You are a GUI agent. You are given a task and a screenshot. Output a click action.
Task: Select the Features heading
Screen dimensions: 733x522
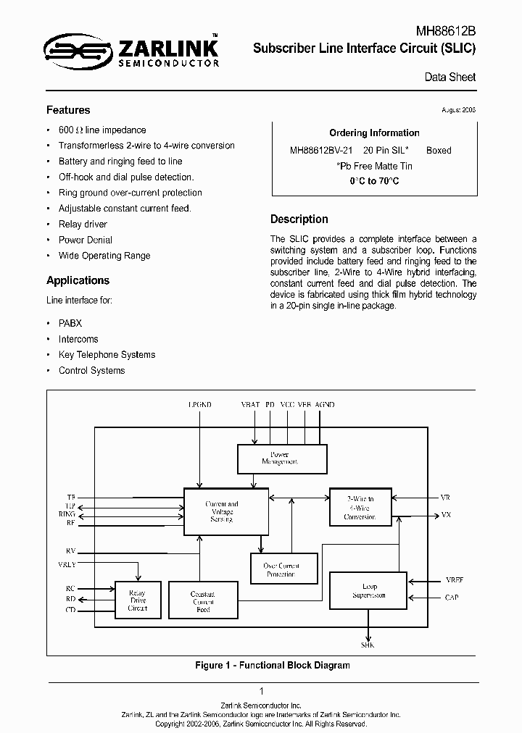(68, 110)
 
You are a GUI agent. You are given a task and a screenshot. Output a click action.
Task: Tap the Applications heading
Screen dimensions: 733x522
(78, 280)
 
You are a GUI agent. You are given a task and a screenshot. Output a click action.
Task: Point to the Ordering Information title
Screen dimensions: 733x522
(374, 133)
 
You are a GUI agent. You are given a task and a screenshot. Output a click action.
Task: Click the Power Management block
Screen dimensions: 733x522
(283, 458)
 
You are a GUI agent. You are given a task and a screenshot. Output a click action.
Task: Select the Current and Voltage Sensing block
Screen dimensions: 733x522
(221, 511)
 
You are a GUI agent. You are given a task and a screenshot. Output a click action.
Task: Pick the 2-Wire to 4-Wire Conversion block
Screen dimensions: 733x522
(360, 508)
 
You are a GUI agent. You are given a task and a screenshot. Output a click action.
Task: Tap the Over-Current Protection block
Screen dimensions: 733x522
(280, 569)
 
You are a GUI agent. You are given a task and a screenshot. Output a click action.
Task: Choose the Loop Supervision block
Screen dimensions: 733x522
(368, 591)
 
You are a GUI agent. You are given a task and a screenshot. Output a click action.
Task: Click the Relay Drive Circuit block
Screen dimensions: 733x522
(137, 600)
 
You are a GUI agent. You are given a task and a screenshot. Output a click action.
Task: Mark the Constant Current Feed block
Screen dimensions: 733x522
(203, 600)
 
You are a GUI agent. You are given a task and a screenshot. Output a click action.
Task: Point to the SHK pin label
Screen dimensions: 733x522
(368, 645)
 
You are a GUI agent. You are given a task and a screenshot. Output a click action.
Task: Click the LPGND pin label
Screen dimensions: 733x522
(199, 406)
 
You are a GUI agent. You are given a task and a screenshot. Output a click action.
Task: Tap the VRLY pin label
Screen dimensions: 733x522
(66, 564)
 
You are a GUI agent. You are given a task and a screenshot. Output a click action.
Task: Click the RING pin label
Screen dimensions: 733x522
(67, 514)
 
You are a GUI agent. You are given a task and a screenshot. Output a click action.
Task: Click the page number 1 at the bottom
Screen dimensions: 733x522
(261, 692)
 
